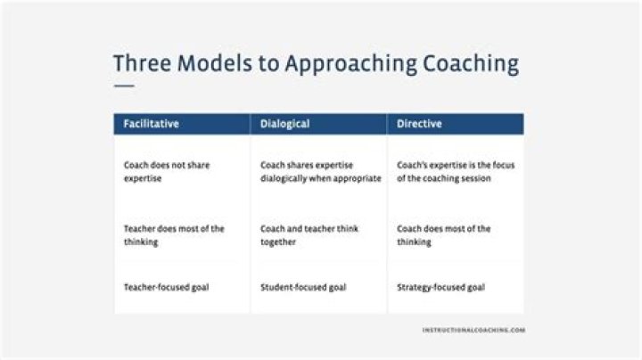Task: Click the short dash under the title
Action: pos(124,86)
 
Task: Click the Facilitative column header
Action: pos(151,124)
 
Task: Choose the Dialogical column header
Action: pos(284,124)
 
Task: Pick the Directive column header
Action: pos(419,124)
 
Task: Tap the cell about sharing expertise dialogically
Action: pos(320,171)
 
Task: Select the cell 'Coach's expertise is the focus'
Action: pos(455,171)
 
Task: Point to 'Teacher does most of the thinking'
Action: pos(174,235)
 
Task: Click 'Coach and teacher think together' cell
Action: pos(309,235)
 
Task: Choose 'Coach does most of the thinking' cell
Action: pos(443,235)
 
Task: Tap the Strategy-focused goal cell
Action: pos(440,288)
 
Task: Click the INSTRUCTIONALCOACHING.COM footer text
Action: pos(473,330)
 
